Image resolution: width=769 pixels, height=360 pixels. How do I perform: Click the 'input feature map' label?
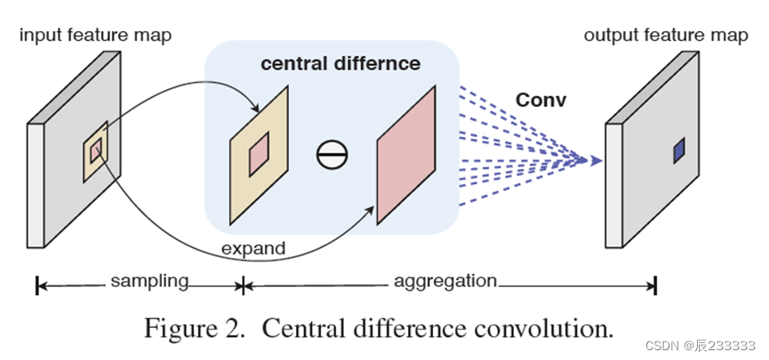coord(95,36)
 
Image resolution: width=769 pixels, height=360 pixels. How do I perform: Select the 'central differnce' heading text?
coord(340,65)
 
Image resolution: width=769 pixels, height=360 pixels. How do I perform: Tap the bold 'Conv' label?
coord(541,100)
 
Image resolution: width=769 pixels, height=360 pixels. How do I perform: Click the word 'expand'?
coord(253,249)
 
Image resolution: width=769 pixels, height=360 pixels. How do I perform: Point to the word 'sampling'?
coord(149,282)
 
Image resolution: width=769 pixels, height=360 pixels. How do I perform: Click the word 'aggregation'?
coord(445,282)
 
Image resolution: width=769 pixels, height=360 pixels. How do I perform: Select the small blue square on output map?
coord(679,151)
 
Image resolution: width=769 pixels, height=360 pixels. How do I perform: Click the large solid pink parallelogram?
coord(407,156)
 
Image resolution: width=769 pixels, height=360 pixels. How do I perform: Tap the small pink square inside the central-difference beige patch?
coord(258,156)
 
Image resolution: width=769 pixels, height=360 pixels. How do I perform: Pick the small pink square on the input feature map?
coord(96,147)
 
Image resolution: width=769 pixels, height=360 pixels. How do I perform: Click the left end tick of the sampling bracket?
coord(37,285)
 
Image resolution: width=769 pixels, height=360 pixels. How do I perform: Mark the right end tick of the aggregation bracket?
coord(655,285)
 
